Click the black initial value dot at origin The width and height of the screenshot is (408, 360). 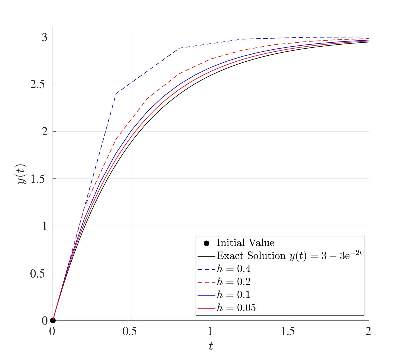pos(53,321)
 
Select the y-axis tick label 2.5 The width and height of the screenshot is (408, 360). pos(38,85)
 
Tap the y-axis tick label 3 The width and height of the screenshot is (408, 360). pos(45,37)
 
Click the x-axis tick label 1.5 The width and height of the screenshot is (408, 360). pos(288,331)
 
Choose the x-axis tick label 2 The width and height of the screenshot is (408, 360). pos(369,331)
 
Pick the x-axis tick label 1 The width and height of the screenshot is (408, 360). pos(210,331)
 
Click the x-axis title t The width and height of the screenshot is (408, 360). pos(211,346)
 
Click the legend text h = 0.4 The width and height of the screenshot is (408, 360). pos(234,269)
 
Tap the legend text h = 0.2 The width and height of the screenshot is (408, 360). pos(234,282)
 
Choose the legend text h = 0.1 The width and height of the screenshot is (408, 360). pos(234,295)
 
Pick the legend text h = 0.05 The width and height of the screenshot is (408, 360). pos(236,308)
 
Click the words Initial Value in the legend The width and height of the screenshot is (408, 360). pos(245,243)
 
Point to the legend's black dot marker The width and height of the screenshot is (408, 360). pos(207,243)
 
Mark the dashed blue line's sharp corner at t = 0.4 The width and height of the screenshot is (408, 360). pos(116,94)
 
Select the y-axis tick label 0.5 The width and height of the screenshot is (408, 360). pos(38,274)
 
